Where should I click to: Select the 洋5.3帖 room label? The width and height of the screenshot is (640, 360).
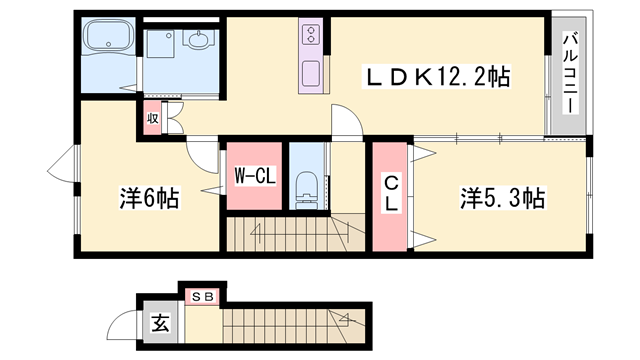(502, 198)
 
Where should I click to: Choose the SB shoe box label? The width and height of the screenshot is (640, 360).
(203, 296)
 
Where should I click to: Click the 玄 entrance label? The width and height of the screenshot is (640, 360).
(160, 323)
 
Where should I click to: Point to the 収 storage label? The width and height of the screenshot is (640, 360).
(153, 118)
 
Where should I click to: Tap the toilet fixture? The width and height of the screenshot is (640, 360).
(308, 187)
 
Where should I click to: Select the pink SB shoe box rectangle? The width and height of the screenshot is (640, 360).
(203, 296)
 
